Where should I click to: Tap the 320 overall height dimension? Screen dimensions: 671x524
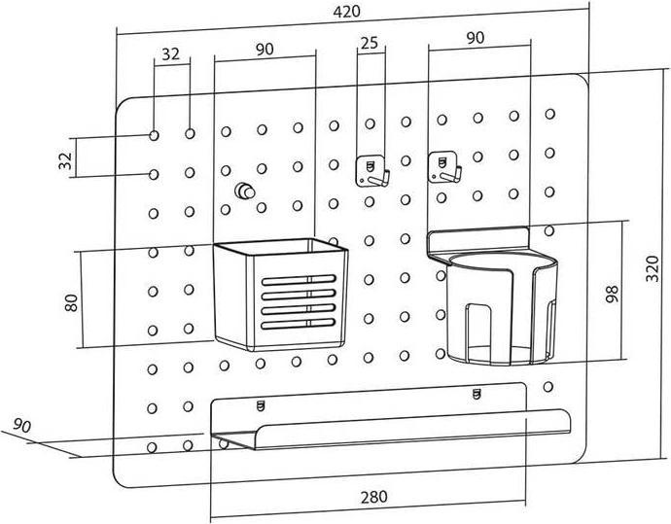pos(653,274)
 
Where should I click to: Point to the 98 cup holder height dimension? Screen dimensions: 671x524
pos(611,294)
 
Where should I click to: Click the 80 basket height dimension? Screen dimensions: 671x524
pos(70,302)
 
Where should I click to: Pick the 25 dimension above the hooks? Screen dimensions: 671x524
pos(369,43)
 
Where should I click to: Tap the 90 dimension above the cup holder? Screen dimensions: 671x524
pos(477,38)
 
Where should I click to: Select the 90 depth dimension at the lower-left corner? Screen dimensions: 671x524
pos(22,425)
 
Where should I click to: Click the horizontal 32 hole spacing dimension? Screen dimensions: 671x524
pos(171,54)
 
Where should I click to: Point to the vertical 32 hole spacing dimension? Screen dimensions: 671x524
pos(65,158)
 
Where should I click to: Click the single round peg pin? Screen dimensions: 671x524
pos(243,191)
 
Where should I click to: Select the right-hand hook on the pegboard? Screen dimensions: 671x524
pos(444,166)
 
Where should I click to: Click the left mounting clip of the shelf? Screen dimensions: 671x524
pos(260,403)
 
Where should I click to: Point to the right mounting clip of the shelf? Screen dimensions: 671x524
pos(476,393)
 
